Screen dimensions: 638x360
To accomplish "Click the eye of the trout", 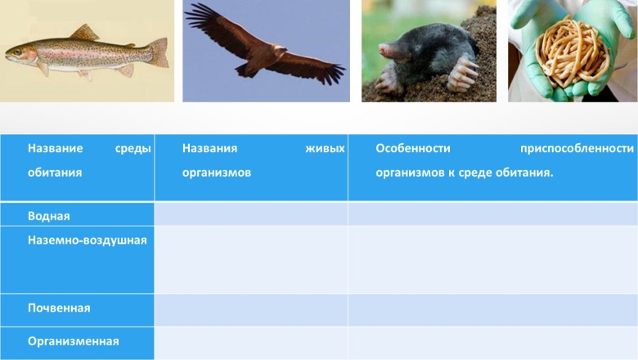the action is point(16,52).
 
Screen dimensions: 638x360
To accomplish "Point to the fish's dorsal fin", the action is point(84,32).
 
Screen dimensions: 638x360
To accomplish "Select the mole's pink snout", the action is point(384,50).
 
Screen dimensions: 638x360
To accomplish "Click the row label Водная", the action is point(49,216).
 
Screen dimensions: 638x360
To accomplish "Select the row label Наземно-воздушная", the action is point(87,240).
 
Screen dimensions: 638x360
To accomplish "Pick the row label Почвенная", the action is point(59,308).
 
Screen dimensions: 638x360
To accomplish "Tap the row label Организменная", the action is point(74,341).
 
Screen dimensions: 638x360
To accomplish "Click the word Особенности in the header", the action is point(413,148).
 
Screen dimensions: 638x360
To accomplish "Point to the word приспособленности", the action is point(577,148).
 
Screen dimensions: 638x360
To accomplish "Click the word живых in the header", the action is point(325,148).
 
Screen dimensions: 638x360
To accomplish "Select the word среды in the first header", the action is point(133,148).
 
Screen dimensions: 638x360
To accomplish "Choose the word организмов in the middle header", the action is point(217,173).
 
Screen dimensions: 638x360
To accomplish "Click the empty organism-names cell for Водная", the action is point(251,214).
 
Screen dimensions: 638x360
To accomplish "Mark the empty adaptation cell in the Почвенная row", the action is point(492,310).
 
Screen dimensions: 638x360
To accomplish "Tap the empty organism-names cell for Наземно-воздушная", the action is point(251,259).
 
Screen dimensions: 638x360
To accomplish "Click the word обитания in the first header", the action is point(55,173).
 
